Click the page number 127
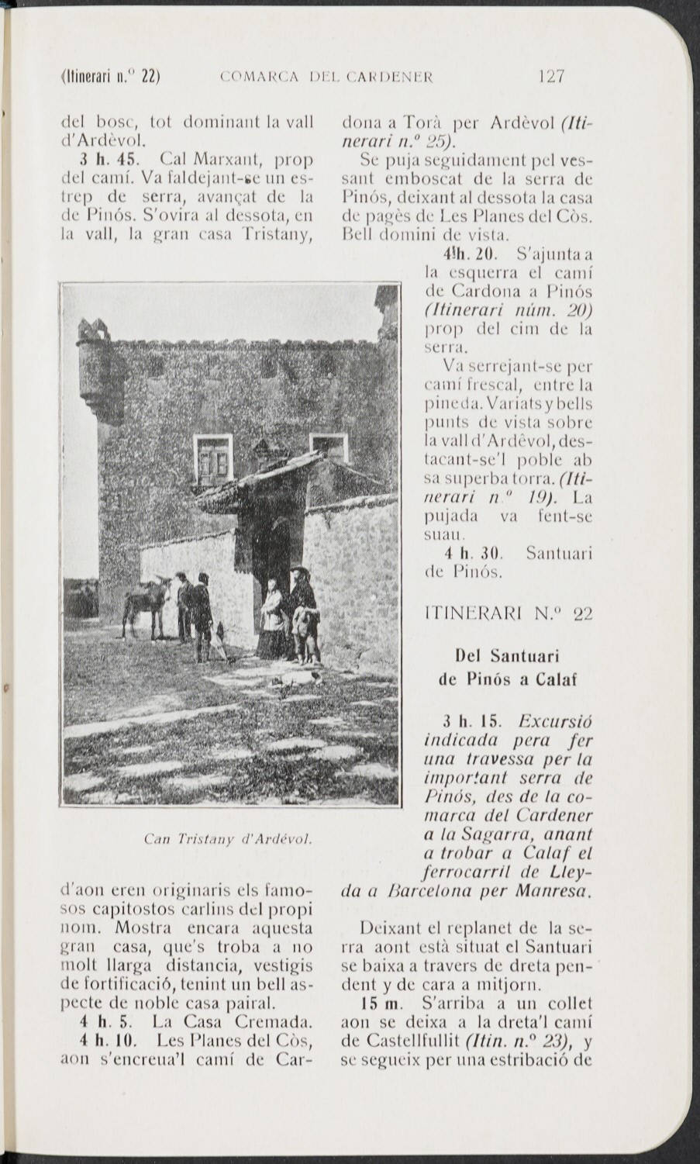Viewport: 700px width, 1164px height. click(x=551, y=77)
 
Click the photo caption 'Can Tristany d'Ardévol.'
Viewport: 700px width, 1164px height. click(x=228, y=838)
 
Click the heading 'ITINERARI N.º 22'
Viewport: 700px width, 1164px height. click(x=509, y=613)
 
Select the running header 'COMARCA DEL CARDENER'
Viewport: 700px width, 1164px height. click(x=326, y=77)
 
